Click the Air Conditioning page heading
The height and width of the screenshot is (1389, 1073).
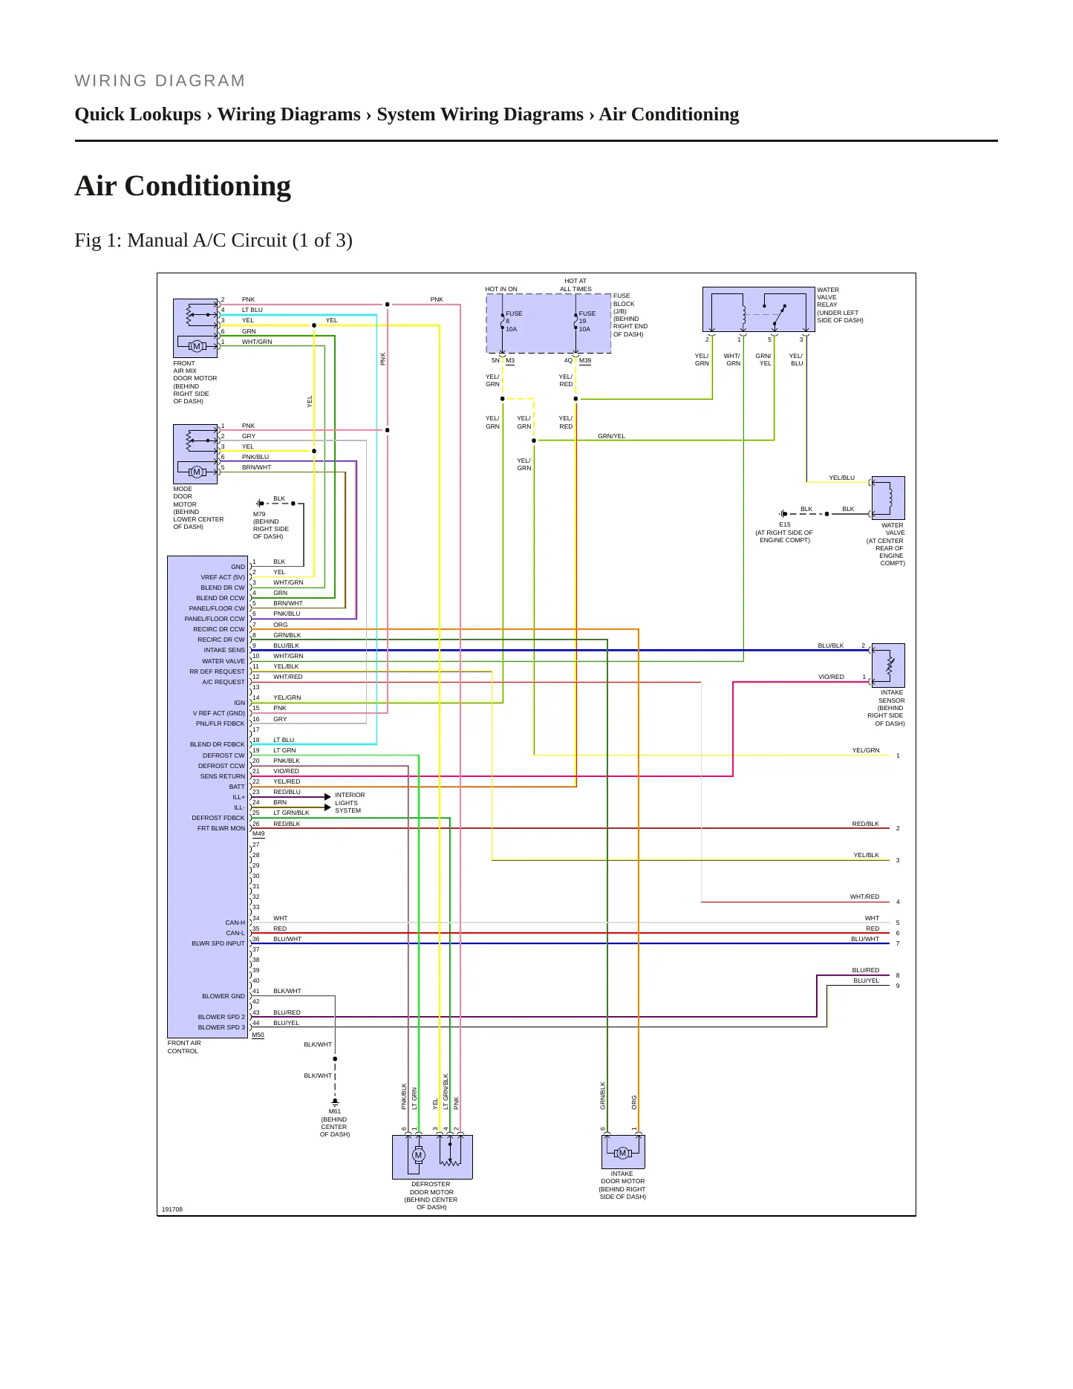(x=183, y=186)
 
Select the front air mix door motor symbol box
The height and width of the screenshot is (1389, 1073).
(x=195, y=328)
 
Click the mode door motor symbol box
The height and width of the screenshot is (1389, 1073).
(x=195, y=454)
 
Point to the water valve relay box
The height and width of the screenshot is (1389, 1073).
(x=759, y=309)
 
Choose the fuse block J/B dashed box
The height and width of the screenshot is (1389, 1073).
(x=549, y=323)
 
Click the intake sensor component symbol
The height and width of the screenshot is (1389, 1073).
(x=888, y=665)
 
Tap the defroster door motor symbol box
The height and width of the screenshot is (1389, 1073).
(x=432, y=1157)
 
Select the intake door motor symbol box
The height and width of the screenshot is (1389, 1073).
(x=623, y=1151)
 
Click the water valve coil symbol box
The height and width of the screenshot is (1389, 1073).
(x=888, y=498)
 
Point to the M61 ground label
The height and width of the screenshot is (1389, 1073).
(x=335, y=1112)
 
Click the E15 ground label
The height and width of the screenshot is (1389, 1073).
(x=785, y=524)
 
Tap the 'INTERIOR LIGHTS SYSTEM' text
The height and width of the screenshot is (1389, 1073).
(x=350, y=803)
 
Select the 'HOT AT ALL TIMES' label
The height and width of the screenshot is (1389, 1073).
(x=575, y=285)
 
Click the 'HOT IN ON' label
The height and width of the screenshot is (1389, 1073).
(x=501, y=289)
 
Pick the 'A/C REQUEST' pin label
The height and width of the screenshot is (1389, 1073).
(x=224, y=682)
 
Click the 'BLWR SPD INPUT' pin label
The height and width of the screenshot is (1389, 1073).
(x=218, y=943)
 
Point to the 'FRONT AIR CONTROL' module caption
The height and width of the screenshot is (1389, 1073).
(x=184, y=1047)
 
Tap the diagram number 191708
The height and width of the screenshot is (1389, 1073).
(x=172, y=1209)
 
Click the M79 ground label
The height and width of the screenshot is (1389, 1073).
(x=259, y=514)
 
